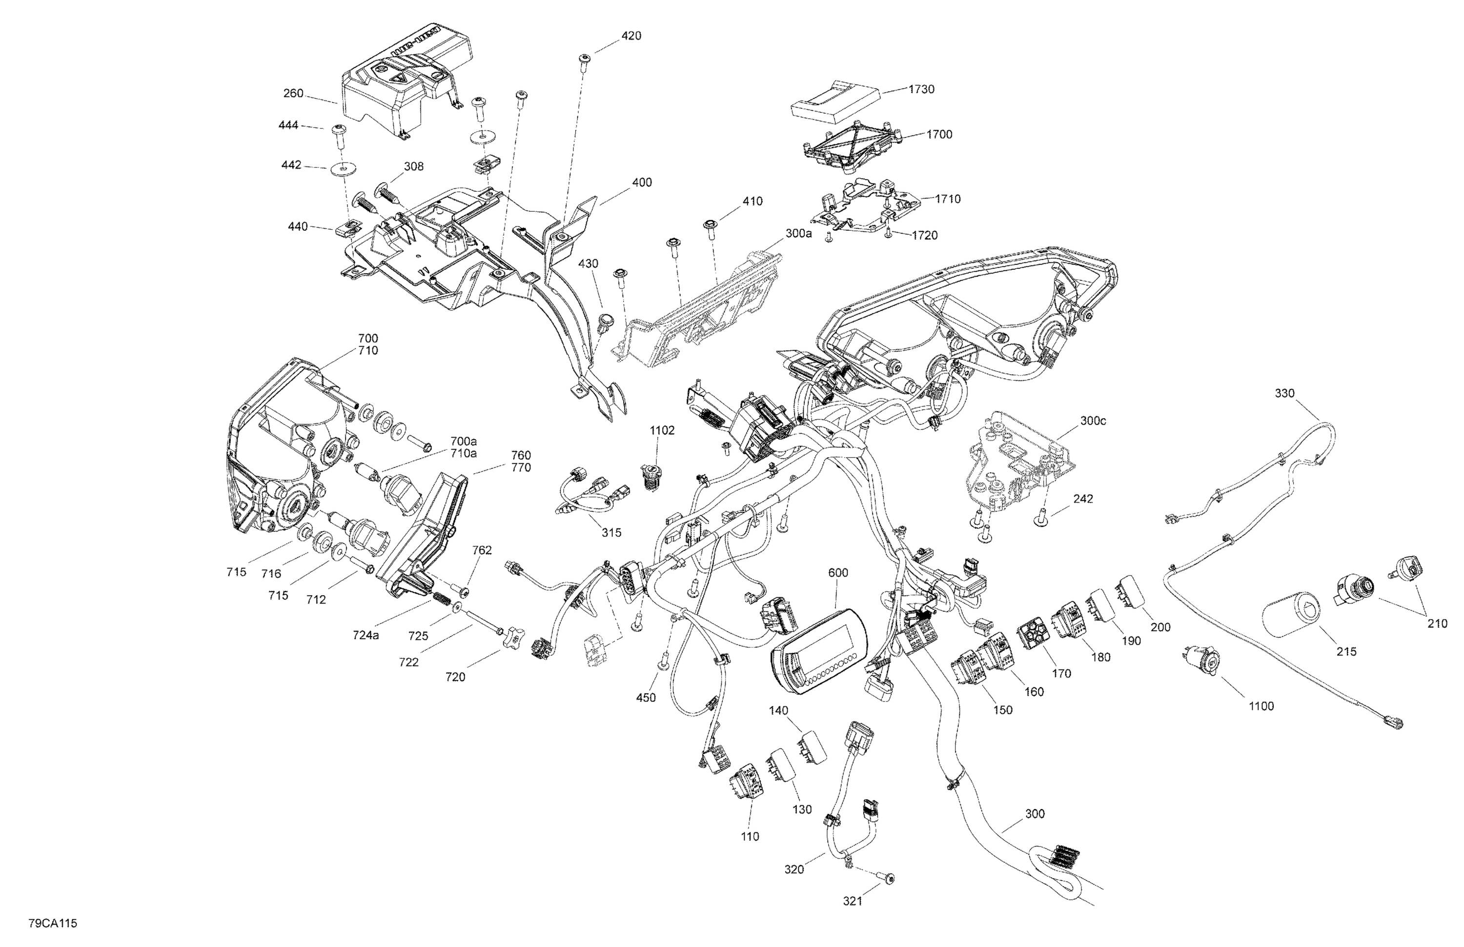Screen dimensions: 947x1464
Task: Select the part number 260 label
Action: [293, 94]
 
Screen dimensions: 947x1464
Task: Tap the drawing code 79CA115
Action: [52, 924]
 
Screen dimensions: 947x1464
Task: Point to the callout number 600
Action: [838, 573]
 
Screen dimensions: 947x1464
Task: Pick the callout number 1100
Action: [1261, 706]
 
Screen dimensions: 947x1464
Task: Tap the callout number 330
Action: [1284, 394]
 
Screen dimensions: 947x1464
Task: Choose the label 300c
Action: [1093, 421]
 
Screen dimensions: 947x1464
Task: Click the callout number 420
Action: [631, 36]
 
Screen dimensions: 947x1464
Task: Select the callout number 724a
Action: [366, 635]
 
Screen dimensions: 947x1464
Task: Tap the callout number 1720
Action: [925, 236]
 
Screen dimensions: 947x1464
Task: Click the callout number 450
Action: [646, 698]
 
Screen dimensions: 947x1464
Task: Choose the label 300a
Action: [798, 234]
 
